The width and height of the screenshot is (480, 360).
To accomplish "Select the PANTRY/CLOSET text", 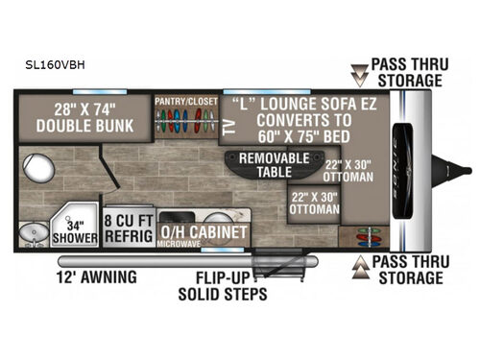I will tap(185, 101).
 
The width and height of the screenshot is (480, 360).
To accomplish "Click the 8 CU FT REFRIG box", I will tap(130, 225).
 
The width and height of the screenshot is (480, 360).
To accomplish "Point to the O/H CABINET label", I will tap(204, 231).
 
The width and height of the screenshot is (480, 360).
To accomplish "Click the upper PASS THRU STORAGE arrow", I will tap(359, 69).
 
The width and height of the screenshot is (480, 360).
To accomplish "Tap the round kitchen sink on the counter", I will tap(228, 217).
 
